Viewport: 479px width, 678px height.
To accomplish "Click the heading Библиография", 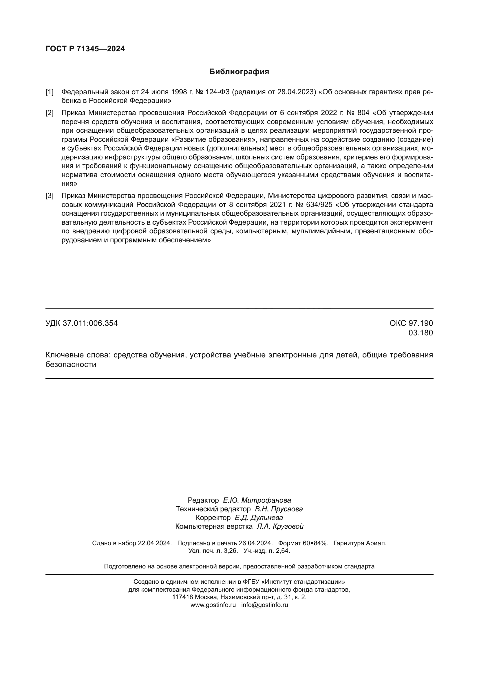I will [239, 72].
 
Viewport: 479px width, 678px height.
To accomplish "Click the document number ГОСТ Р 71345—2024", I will [85, 49].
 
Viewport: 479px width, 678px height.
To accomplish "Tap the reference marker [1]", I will [50, 92].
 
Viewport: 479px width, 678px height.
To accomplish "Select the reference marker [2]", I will [50, 113].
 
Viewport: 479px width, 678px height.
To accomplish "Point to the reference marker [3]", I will [50, 196].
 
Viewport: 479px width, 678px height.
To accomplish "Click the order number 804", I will [363, 113].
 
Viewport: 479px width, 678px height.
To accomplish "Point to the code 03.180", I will [421, 333].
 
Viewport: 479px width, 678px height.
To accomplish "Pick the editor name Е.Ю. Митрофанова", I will [257, 500].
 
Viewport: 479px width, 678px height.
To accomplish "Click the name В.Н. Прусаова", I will [279, 509].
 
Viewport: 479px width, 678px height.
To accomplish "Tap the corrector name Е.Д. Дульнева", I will [259, 518].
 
